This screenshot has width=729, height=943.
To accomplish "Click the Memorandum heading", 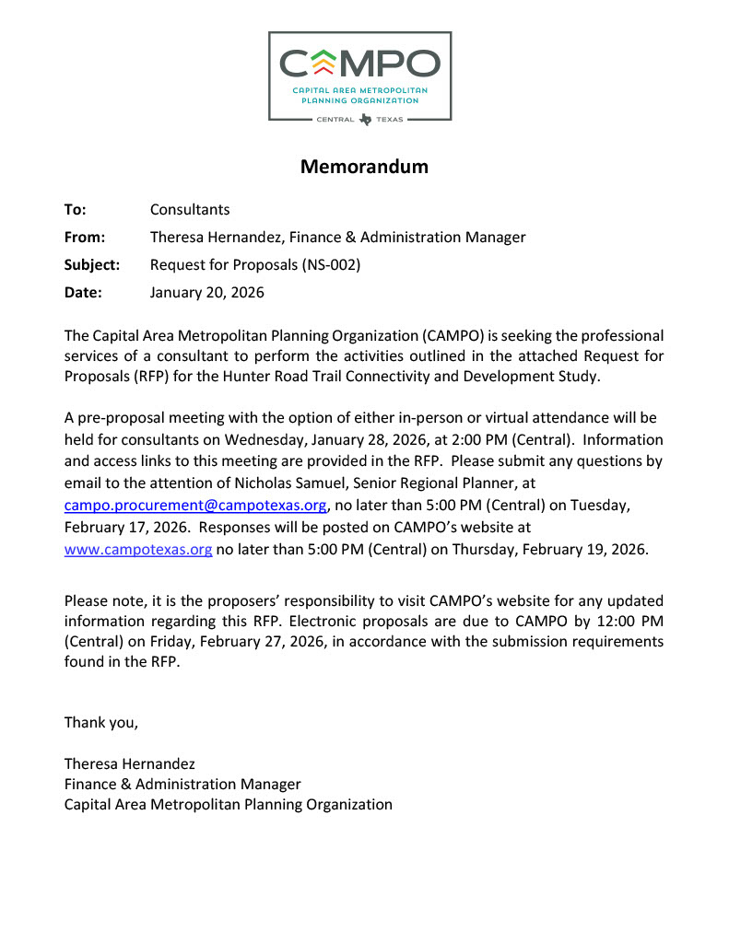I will point(364,167).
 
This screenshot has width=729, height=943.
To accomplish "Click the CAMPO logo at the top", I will point(359,76).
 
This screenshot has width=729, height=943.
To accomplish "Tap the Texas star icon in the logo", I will point(366,119).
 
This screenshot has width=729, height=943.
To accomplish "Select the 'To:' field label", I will point(75,210).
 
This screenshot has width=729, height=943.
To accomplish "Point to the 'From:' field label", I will point(85,238).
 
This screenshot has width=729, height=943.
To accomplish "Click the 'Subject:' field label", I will point(92,265).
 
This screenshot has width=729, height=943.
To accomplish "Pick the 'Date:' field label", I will point(83,293).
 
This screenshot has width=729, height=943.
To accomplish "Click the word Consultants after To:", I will point(190,210).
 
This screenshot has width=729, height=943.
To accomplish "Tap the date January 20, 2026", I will point(207,293).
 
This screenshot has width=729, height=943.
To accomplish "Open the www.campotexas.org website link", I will point(138,550).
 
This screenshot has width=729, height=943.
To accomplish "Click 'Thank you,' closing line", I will point(101,722).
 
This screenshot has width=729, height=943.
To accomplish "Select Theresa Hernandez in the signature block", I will point(129,763).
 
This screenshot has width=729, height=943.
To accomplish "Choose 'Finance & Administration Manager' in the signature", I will point(182,784).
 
